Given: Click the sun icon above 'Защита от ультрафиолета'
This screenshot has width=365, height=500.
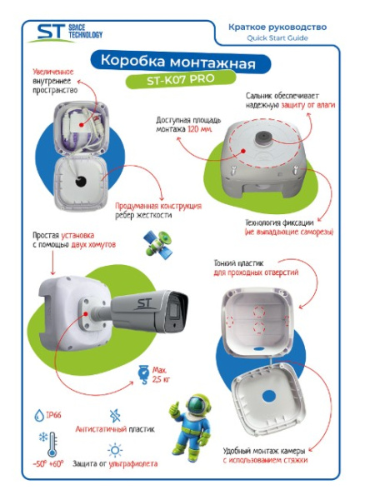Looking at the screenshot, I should [114, 450].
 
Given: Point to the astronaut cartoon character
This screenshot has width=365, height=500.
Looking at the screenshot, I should [187, 417].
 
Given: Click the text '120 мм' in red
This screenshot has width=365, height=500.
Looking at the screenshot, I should [200, 131].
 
